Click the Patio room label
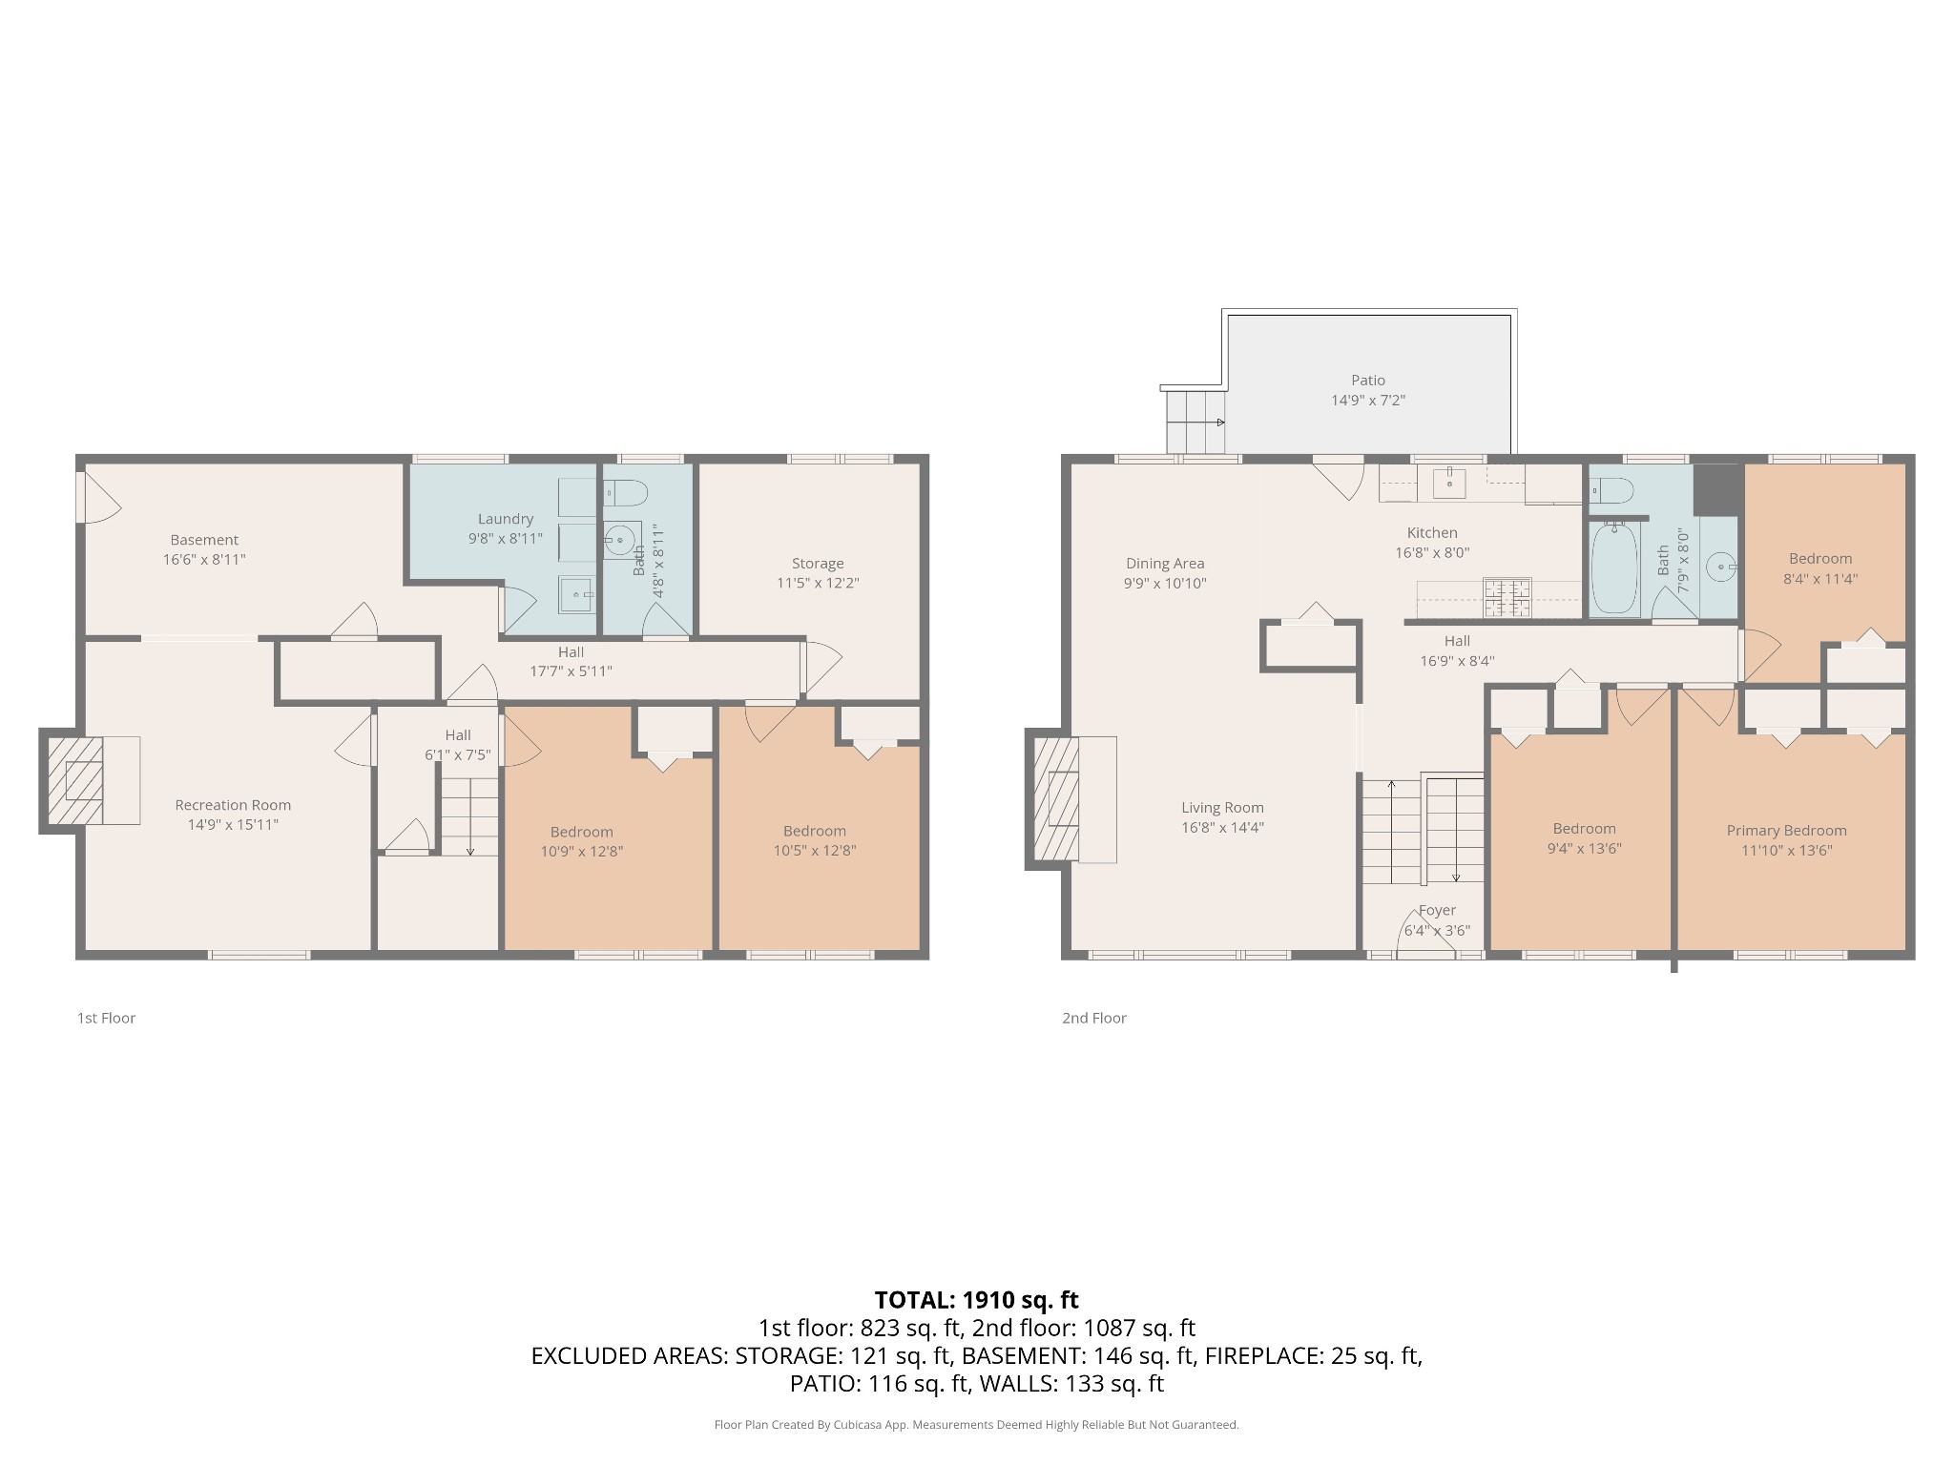point(1367,381)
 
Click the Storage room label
point(818,564)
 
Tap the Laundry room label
point(506,519)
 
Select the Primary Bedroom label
point(1786,831)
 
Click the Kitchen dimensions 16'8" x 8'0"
point(1432,552)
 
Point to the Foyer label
point(1437,910)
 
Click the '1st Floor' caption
point(106,1018)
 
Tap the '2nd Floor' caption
point(1094,1018)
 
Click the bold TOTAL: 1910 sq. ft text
point(976,1299)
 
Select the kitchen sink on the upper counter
point(1450,483)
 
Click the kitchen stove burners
point(1507,599)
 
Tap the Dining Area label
point(1165,564)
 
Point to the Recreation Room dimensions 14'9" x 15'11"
point(233,825)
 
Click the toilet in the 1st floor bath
point(626,492)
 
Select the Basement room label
point(204,540)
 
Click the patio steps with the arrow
point(1195,422)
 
